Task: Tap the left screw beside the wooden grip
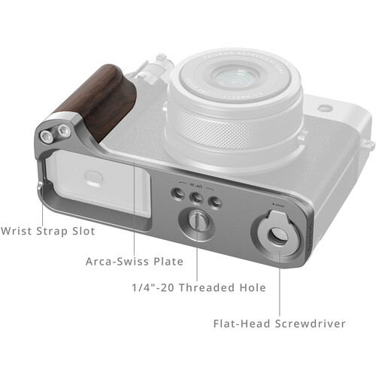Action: [x=50, y=135]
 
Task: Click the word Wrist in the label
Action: [x=17, y=231]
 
